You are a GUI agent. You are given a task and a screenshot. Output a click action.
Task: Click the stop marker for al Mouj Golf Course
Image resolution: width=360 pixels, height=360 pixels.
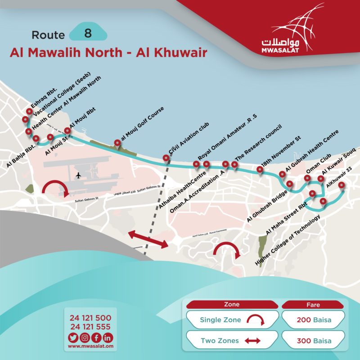pyautogui.click(x=117, y=144)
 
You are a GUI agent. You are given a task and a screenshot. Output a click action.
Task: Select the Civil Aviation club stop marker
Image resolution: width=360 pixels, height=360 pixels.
pyautogui.click(x=166, y=158)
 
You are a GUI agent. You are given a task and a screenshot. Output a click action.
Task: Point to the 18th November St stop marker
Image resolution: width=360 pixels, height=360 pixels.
pyautogui.click(x=260, y=169)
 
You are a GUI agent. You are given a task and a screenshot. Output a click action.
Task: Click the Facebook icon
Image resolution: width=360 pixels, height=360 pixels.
pyautogui.click(x=96, y=337)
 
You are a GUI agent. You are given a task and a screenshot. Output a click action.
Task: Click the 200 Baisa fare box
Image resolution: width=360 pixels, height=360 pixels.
pyautogui.click(x=314, y=320)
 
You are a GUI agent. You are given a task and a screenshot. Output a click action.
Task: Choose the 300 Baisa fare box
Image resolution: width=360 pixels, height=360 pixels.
pyautogui.click(x=314, y=341)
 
